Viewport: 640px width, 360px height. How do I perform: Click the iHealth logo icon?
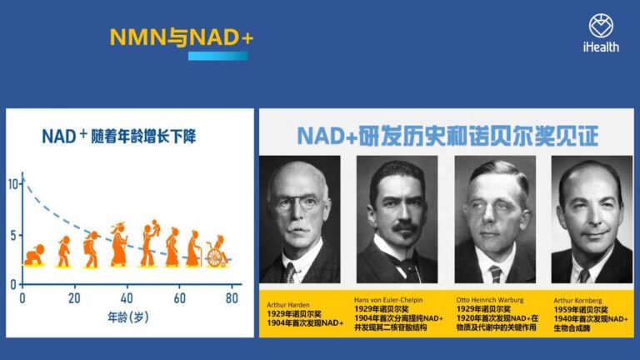(x=601, y=26)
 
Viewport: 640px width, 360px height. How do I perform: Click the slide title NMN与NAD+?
(x=182, y=37)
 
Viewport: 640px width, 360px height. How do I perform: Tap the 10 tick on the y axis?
(x=13, y=184)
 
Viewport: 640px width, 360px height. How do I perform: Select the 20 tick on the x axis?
(x=74, y=298)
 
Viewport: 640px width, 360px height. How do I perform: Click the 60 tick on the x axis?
(x=180, y=298)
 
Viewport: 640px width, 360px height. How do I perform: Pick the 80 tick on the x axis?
(x=232, y=298)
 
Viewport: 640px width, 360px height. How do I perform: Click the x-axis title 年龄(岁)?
(x=127, y=317)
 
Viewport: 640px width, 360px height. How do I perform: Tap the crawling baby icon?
(x=34, y=256)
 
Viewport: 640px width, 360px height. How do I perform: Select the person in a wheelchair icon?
(x=217, y=252)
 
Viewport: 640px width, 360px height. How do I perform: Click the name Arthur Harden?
(x=288, y=304)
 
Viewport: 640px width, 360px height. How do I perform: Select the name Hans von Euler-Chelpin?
(x=388, y=300)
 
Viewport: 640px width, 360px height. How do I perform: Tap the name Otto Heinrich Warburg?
(x=490, y=300)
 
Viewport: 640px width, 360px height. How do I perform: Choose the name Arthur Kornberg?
(x=577, y=300)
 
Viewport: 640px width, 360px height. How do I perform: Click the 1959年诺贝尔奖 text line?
(x=581, y=310)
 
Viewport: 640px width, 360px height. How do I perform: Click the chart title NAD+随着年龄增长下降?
(x=119, y=137)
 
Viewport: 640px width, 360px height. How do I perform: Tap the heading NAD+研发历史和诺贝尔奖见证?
(x=447, y=136)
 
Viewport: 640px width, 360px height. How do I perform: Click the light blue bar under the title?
(x=218, y=56)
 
